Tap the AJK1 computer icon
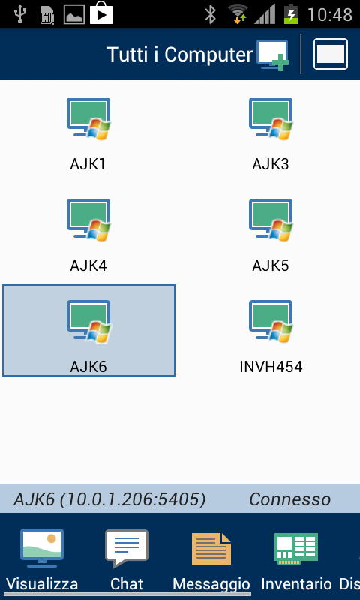[88, 118]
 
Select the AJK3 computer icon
[271, 118]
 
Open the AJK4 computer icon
[88, 220]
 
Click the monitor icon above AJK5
[271, 220]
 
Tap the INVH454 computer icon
[271, 321]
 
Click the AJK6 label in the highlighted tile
[88, 367]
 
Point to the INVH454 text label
[271, 367]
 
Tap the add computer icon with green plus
[272, 55]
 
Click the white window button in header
[331, 54]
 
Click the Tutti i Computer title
[180, 55]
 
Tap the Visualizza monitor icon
[42, 548]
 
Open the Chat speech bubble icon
[127, 548]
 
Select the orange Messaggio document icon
[211, 549]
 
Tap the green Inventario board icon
[296, 549]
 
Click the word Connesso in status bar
[290, 499]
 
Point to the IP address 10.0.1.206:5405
[132, 499]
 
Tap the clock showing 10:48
[330, 14]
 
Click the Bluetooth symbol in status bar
[210, 14]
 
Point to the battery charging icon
[291, 14]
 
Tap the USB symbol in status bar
[19, 14]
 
